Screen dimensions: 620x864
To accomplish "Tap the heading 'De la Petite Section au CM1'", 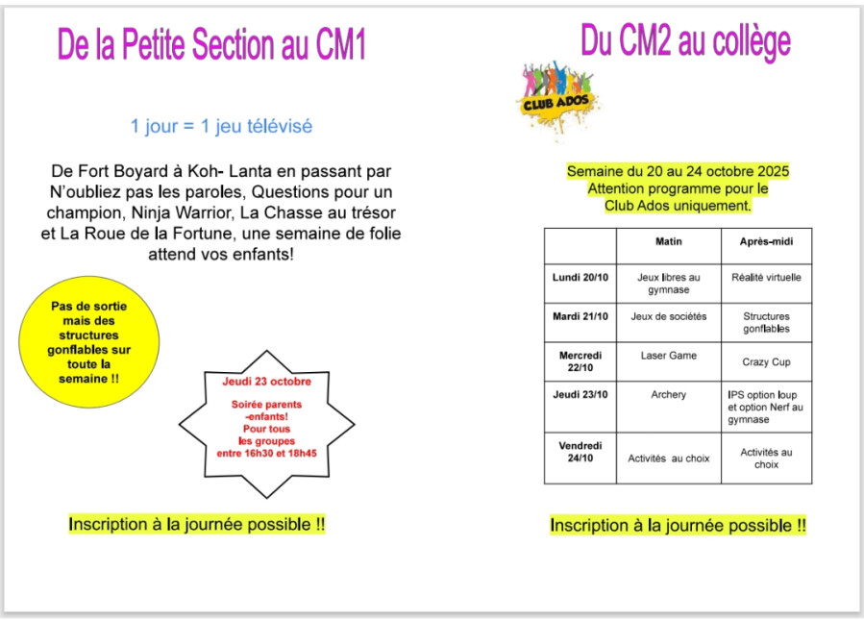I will tap(211, 45).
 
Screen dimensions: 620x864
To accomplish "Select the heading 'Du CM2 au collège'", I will tap(685, 41).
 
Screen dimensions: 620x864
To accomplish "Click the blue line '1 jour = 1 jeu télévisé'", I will tap(221, 126).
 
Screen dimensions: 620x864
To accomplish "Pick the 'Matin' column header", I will tap(669, 242).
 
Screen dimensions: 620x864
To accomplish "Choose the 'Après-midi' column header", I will tap(766, 242).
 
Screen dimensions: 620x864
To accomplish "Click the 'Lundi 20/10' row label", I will tap(580, 277).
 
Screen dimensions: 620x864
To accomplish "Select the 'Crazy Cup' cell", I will tap(766, 362).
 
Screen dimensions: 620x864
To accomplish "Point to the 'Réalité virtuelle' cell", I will tap(766, 277).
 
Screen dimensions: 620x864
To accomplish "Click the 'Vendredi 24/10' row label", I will tap(580, 452).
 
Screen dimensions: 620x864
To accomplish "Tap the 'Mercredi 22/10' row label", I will tap(580, 361).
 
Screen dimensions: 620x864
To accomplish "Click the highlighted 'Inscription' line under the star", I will tap(197, 525).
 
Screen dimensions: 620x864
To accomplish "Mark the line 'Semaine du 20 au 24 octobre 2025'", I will tap(678, 171).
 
